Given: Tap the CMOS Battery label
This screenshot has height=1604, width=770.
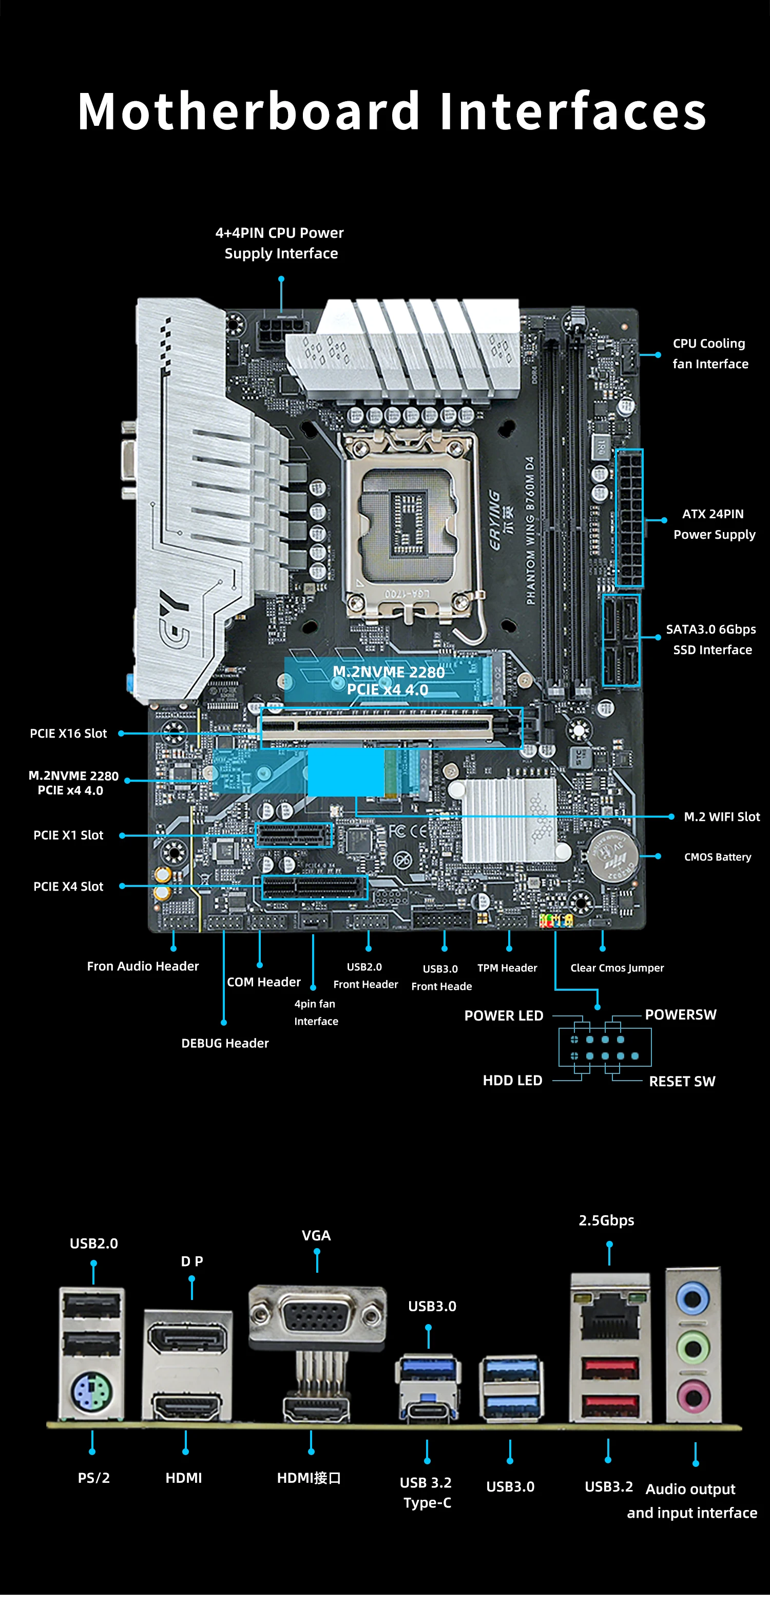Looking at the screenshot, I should (717, 857).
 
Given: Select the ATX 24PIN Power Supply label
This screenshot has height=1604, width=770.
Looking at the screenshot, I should (714, 524).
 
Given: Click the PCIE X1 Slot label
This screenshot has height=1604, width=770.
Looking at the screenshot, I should (68, 835).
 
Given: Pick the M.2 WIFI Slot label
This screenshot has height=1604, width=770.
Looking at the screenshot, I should (721, 816).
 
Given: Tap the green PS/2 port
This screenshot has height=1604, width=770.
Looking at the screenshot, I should (91, 1392).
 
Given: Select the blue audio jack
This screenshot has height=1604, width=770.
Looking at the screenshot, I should (693, 1298).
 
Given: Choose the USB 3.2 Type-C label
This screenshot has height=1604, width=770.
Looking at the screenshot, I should (427, 1493).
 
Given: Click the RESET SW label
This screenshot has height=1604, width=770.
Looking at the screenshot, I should (682, 1082).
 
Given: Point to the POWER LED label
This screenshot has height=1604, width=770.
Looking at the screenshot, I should (504, 1015).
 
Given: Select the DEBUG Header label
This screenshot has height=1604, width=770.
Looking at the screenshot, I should (225, 1043).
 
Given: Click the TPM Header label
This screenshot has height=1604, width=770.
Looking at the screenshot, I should (507, 968).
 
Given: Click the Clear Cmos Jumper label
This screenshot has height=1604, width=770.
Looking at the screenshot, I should (617, 968).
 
